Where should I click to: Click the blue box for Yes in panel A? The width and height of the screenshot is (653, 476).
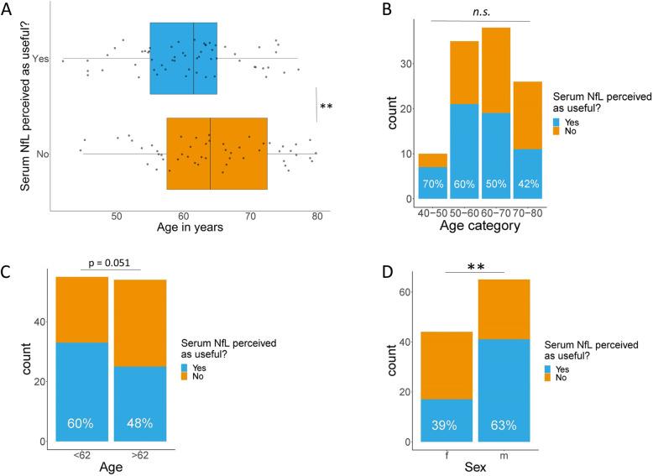pyautogui.click(x=183, y=59)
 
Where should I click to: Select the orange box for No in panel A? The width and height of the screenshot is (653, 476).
pyautogui.click(x=217, y=154)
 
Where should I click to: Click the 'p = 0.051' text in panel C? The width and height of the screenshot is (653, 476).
pyautogui.click(x=110, y=263)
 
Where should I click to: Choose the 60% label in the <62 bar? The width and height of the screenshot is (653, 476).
pyautogui.click(x=82, y=423)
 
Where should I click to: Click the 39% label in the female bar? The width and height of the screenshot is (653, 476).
pyautogui.click(x=447, y=423)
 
